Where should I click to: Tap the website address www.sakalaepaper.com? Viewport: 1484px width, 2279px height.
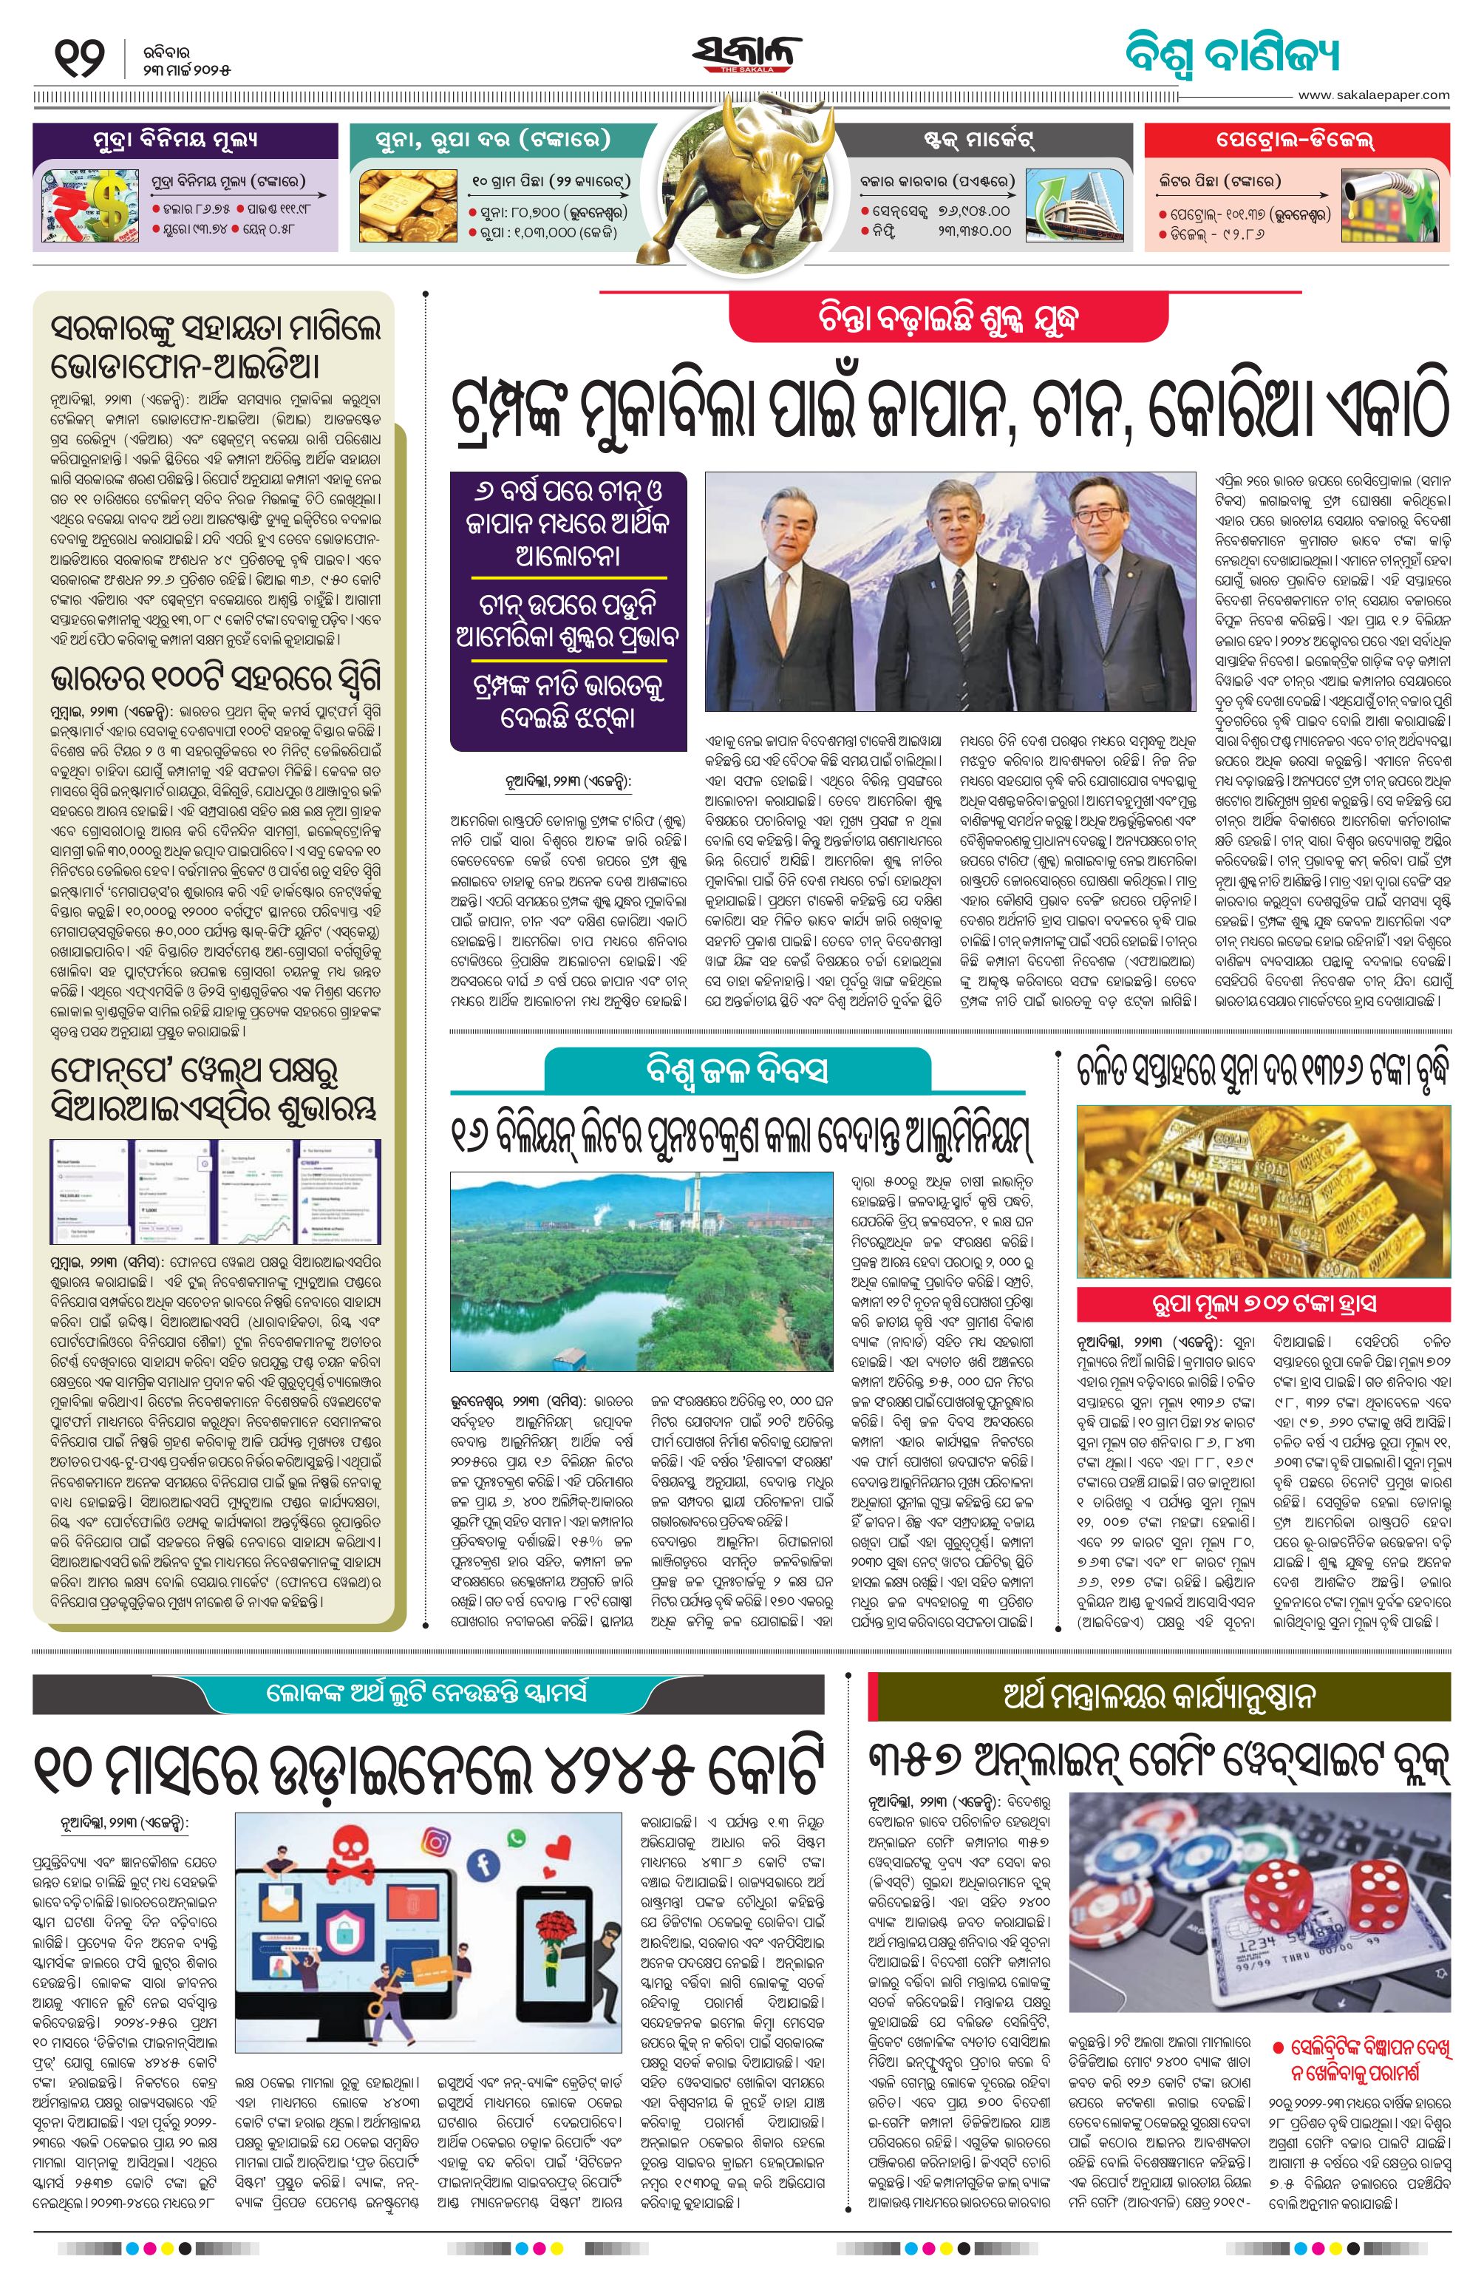point(1373,95)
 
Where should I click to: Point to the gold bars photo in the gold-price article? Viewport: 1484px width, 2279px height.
point(1263,1191)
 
